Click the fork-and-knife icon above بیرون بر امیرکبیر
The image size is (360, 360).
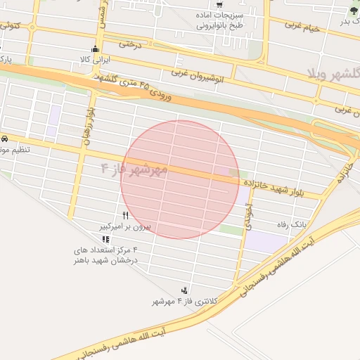point(125,215)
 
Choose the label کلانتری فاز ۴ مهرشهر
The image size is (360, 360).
point(184,301)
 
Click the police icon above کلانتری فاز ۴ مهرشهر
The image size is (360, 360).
point(185,290)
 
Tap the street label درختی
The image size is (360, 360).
point(130,44)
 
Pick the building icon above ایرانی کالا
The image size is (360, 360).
point(95,49)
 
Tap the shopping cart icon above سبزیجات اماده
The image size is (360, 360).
point(220,3)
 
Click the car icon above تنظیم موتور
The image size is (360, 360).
point(5,139)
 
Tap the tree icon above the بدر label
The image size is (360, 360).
point(353,11)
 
